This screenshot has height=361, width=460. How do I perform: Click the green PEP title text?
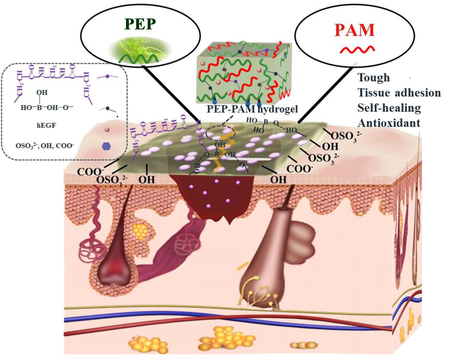[x=140, y=24]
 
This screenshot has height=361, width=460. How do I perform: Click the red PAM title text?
[x=354, y=30]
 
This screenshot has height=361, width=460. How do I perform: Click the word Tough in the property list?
[x=373, y=77]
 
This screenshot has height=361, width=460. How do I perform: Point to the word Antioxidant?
[x=389, y=123]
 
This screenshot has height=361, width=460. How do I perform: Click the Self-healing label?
[x=389, y=108]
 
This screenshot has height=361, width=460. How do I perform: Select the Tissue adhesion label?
[x=399, y=93]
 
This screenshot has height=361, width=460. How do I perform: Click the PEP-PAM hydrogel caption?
[x=252, y=109]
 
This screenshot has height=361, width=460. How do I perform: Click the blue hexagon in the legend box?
[x=106, y=146]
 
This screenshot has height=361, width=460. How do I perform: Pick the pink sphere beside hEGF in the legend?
[x=107, y=129]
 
